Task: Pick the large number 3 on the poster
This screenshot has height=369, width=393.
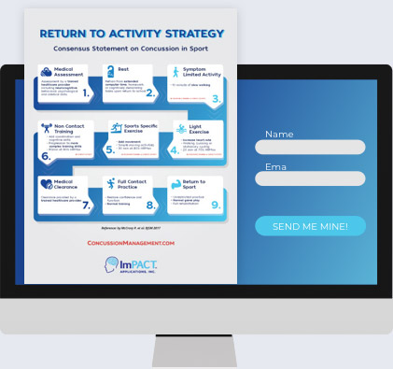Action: point(217,97)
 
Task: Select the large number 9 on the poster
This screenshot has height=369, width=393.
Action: point(215,205)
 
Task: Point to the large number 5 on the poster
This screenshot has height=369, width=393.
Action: point(110,149)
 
